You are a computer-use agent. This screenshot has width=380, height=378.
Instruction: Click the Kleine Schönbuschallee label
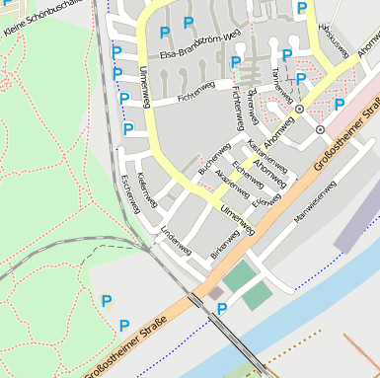tap(43, 18)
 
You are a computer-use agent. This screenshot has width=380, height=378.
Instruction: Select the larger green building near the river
tap(238, 275)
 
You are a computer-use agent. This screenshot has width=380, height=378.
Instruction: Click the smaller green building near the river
tap(257, 296)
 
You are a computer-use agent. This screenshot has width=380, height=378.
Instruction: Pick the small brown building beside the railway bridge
tap(214, 294)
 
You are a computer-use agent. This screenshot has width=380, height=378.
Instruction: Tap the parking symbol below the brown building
tap(222, 310)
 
